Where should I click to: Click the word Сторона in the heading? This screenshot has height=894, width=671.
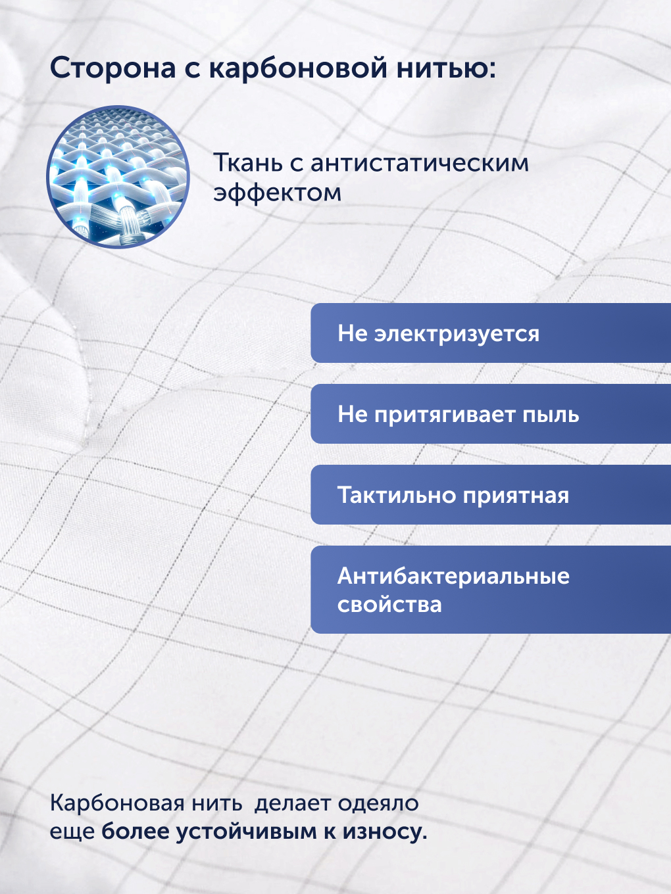pyautogui.click(x=113, y=68)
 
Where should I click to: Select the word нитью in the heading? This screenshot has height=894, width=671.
pyautogui.click(x=446, y=67)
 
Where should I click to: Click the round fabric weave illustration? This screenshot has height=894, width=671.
pyautogui.click(x=118, y=177)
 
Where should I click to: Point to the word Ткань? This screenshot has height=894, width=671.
pyautogui.click(x=248, y=162)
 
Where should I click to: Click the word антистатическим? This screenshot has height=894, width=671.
pyautogui.click(x=419, y=163)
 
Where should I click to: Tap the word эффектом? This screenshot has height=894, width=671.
pyautogui.click(x=277, y=193)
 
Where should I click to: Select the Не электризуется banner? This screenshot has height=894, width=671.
pyautogui.click(x=491, y=333)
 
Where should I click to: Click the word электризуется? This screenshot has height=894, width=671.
pyautogui.click(x=457, y=334)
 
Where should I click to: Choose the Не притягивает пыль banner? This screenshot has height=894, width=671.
pyautogui.click(x=491, y=413)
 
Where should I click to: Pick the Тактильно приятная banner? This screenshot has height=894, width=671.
pyautogui.click(x=491, y=494)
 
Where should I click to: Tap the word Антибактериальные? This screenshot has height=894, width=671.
pyautogui.click(x=453, y=576)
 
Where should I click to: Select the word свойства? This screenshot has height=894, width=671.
pyautogui.click(x=389, y=604)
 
